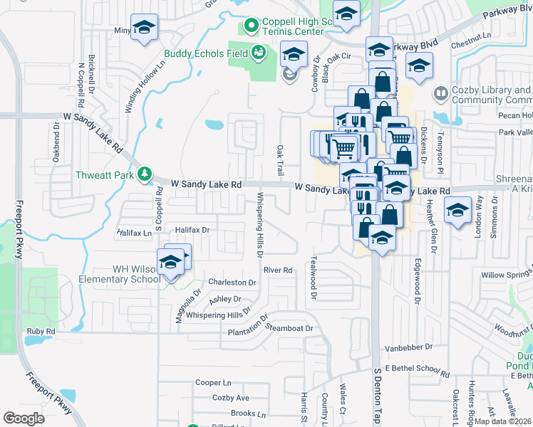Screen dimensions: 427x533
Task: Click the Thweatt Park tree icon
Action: pos(145,173)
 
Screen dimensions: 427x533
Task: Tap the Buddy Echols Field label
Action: pos(206,53)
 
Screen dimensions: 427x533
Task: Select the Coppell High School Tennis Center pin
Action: pos(251,26)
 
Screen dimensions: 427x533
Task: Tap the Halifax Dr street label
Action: pos(192,230)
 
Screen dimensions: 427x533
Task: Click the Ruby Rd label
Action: pos(41,332)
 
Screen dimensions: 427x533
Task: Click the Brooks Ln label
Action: pos(248,413)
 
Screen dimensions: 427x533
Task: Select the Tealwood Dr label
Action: pos(311,277)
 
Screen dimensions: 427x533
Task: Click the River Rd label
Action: pos(278,270)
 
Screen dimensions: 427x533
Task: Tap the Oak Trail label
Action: pos(280,162)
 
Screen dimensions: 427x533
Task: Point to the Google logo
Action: pos(24,418)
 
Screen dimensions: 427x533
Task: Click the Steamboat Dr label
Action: pos(289,328)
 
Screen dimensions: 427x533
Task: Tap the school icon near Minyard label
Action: pos(145,29)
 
